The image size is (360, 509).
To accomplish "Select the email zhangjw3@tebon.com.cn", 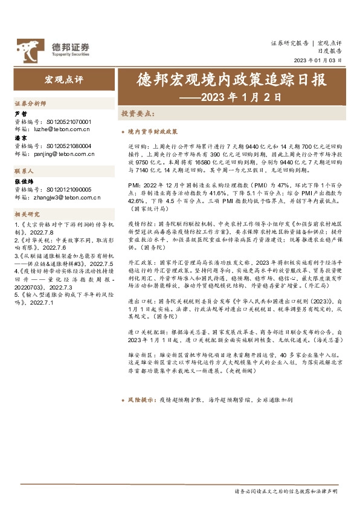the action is [74, 197].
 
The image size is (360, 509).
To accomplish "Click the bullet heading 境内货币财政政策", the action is [152, 131].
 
